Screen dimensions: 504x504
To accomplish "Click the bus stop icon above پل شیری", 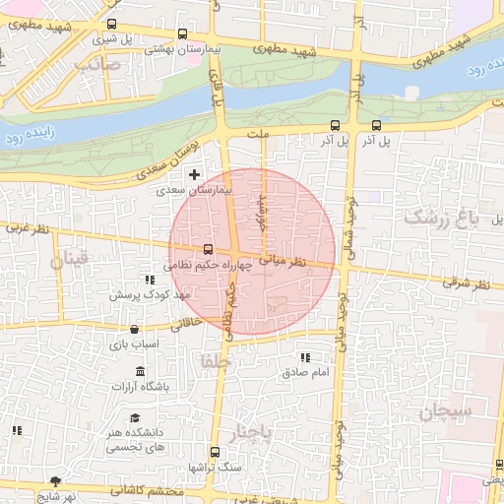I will click(x=110, y=25).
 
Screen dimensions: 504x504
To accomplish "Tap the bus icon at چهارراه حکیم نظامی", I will click(x=207, y=250).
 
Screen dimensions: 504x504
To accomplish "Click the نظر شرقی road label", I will click(x=469, y=284).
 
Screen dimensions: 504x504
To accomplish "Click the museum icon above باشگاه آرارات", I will click(x=139, y=371).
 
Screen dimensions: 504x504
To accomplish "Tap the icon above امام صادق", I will click(x=304, y=357).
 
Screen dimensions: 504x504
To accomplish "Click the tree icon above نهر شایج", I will click(x=55, y=481).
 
